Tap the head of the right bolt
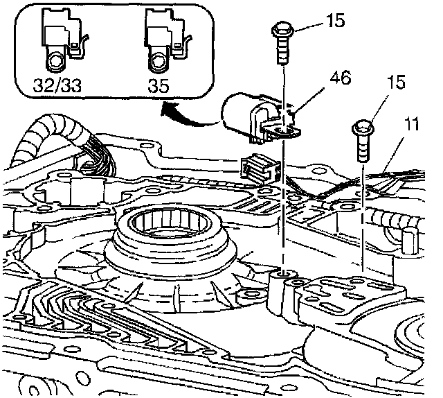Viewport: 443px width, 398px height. coord(364,128)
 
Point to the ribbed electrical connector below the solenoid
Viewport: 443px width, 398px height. coord(259,168)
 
